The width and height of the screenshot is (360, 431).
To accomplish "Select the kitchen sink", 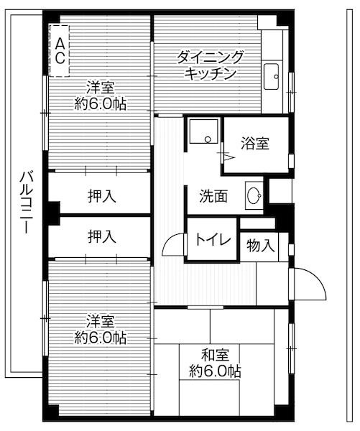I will click(272, 73).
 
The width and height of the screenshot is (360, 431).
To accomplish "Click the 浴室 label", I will click(256, 143).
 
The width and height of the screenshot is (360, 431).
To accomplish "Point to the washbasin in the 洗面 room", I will click(254, 195).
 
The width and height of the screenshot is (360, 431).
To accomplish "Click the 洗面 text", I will click(214, 195).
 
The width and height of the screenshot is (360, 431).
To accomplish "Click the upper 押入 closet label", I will click(102, 195).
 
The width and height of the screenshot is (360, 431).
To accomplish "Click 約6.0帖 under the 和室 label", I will click(215, 371).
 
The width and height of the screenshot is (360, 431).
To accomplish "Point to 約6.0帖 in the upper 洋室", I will click(101, 103).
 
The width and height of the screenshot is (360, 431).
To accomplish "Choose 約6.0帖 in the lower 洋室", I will click(101, 337).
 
